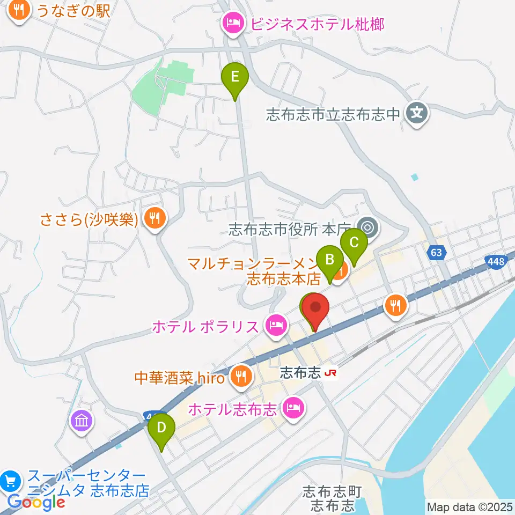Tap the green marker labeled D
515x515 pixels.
tap(161, 428)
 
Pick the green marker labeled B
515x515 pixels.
tap(329, 261)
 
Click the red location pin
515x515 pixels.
tap(316, 309)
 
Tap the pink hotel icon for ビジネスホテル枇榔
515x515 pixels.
tap(232, 24)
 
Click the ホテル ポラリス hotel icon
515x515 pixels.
tap(276, 325)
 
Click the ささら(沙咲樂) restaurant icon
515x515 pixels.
tap(154, 218)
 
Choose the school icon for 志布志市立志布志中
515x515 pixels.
tap(417, 113)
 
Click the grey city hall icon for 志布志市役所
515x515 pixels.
tap(369, 228)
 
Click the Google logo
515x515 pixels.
tap(36, 502)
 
